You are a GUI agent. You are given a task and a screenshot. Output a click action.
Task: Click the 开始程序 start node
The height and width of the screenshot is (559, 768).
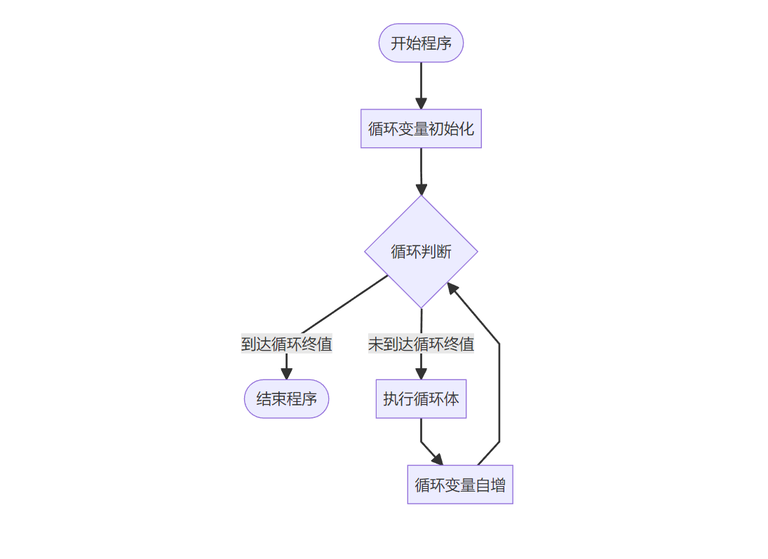pyautogui.click(x=421, y=43)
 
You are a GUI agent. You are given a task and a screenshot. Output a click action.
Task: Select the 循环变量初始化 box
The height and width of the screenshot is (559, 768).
pyautogui.click(x=421, y=128)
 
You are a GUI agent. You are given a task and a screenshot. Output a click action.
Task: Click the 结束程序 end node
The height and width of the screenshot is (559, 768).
pyautogui.click(x=286, y=399)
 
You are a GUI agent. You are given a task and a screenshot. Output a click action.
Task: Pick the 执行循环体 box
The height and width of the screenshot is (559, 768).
pyautogui.click(x=421, y=399)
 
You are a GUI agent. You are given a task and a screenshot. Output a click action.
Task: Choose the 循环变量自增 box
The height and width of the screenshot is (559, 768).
pyautogui.click(x=460, y=485)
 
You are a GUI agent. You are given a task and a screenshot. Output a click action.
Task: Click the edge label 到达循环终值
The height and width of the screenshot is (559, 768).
pyautogui.click(x=286, y=344)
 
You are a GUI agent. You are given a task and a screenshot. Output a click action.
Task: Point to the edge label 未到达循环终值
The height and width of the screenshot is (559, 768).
pyautogui.click(x=421, y=344)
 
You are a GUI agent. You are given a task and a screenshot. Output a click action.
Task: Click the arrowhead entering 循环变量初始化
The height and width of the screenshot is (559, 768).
pyautogui.click(x=421, y=104)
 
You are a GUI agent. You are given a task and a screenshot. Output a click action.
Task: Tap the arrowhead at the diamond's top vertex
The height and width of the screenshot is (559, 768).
pyautogui.click(x=421, y=189)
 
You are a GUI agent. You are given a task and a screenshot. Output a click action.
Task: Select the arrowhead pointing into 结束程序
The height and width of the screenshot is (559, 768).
pyautogui.click(x=286, y=375)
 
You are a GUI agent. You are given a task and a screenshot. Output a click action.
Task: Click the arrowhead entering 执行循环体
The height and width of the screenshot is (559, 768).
pyautogui.click(x=421, y=375)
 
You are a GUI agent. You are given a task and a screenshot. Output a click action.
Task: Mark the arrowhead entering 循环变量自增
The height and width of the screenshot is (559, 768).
pyautogui.click(x=438, y=459)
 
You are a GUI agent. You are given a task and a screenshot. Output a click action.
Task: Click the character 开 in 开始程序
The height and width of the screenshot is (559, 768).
pyautogui.click(x=398, y=43)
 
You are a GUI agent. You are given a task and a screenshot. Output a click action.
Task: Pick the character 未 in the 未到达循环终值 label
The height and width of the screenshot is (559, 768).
pyautogui.click(x=375, y=344)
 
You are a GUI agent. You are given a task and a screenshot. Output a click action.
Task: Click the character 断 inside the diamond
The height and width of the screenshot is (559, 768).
pyautogui.click(x=445, y=252)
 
